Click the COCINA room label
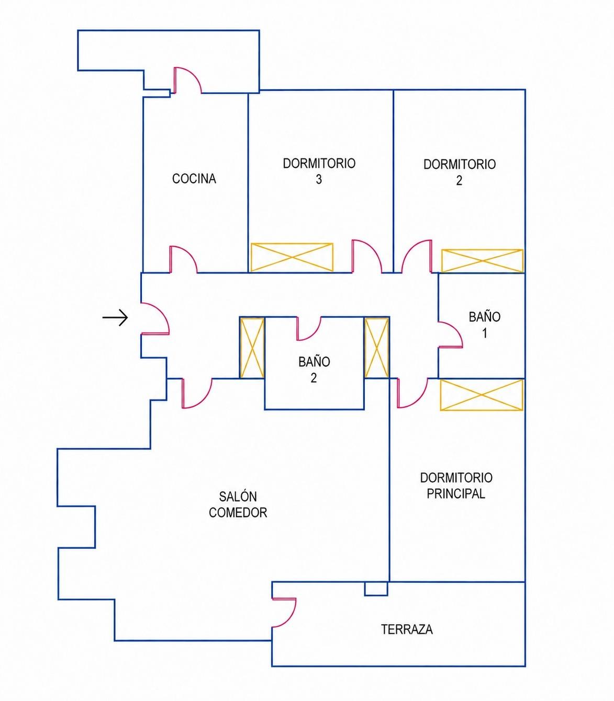tap(194, 178)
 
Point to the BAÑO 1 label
tap(484, 325)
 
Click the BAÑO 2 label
tap(314, 370)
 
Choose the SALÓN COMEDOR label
tap(238, 504)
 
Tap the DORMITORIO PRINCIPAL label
tap(456, 486)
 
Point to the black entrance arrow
tap(115, 318)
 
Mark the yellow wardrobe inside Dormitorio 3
tap(292, 257)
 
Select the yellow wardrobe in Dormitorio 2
tap(482, 261)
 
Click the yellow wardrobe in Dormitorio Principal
tap(482, 395)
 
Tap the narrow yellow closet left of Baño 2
tap(252, 348)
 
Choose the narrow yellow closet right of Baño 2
tap(377, 348)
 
